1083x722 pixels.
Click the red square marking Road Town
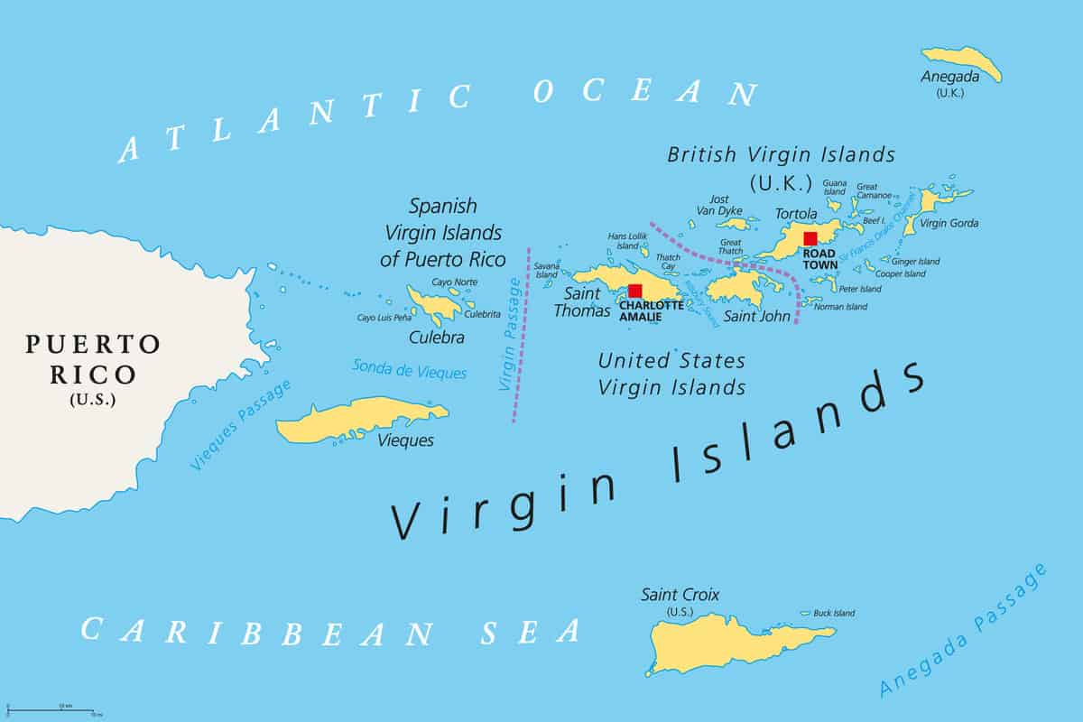coord(810,238)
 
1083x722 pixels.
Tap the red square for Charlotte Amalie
coord(635,291)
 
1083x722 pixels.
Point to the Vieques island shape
coord(361,420)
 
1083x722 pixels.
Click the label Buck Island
coord(834,614)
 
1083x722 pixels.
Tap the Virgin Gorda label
coord(949,223)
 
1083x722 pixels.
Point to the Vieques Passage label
coord(242,424)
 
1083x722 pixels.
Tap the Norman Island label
coord(840,307)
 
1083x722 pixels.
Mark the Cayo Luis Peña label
coord(390,318)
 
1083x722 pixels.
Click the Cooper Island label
coord(901,273)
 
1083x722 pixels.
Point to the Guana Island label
coord(834,187)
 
